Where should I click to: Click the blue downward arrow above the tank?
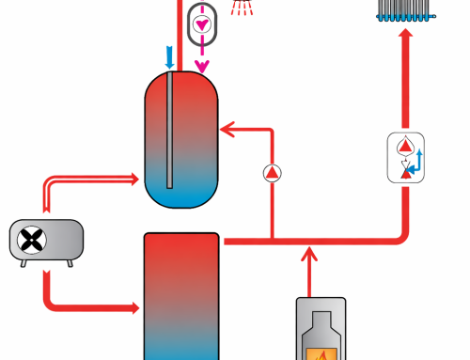click(x=170, y=58)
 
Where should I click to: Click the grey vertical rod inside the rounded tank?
click(x=170, y=132)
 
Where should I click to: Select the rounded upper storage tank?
click(x=181, y=141)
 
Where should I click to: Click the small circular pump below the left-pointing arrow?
click(x=272, y=172)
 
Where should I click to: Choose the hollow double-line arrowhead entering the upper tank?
click(x=133, y=178)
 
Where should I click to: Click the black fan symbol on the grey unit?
click(x=34, y=241)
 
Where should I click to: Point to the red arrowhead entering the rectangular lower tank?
click(x=132, y=307)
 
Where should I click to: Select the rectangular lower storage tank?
click(x=181, y=296)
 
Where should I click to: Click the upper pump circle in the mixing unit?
click(x=405, y=146)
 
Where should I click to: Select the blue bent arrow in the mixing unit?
click(x=419, y=161)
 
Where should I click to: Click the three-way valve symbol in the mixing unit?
click(x=405, y=169)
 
